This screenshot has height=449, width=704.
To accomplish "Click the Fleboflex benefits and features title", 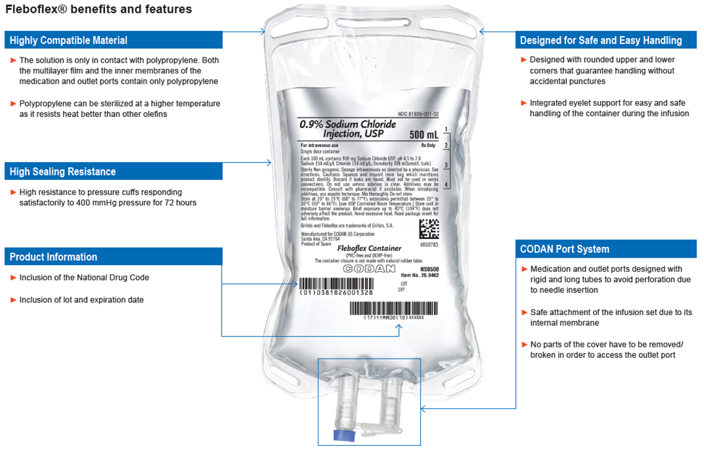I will [98, 9].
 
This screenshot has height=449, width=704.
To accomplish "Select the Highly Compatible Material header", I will [68, 41].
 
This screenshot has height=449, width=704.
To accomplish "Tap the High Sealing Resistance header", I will [63, 172].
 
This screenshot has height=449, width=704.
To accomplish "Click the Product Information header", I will [54, 257].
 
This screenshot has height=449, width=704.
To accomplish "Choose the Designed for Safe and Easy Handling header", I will [601, 41].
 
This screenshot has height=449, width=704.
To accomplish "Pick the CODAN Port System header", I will [565, 249].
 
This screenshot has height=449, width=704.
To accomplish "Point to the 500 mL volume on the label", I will [424, 136].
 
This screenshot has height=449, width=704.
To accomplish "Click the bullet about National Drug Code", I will [84, 278].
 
